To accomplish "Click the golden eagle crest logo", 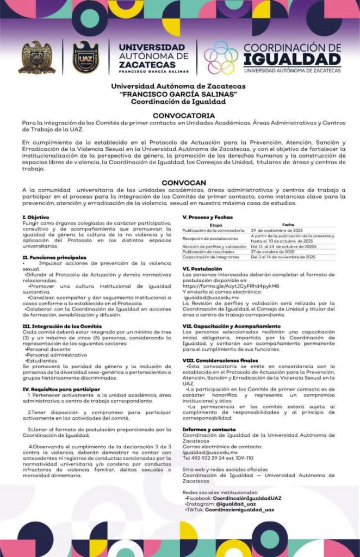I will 37,57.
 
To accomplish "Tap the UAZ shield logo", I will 85,57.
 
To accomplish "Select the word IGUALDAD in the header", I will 292,59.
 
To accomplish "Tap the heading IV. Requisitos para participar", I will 61,389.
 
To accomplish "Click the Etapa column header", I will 215,225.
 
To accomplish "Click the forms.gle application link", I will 231,286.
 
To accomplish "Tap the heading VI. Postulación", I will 202,269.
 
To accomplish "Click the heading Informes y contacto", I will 209,429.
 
